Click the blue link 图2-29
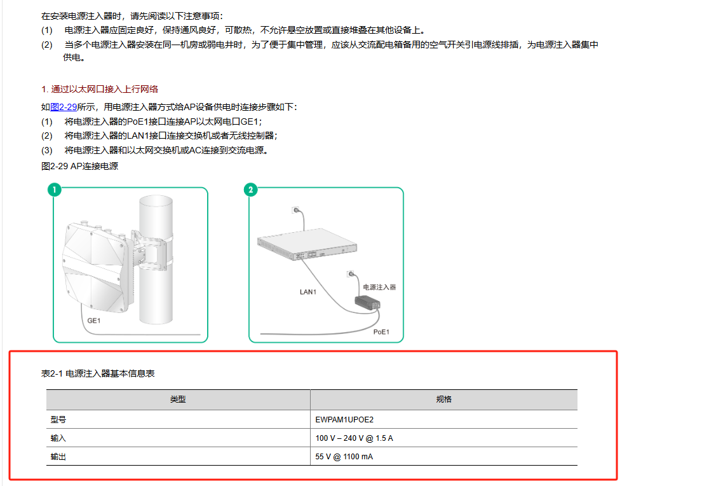(64, 107)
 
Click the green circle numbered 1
(54, 190)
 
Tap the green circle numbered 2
(250, 190)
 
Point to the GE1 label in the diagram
(93, 321)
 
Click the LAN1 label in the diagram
(308, 292)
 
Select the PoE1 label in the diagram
(381, 332)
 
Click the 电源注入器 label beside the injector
(379, 287)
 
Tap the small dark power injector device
(367, 303)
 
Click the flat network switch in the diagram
(307, 244)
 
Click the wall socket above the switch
(295, 210)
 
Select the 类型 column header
(178, 399)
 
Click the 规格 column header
(443, 399)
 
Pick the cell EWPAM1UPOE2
(344, 419)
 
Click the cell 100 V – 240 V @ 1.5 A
(354, 438)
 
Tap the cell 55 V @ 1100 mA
(344, 457)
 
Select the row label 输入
(58, 438)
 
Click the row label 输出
(58, 457)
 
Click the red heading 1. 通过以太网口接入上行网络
(100, 89)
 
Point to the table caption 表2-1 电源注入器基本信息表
(98, 373)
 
